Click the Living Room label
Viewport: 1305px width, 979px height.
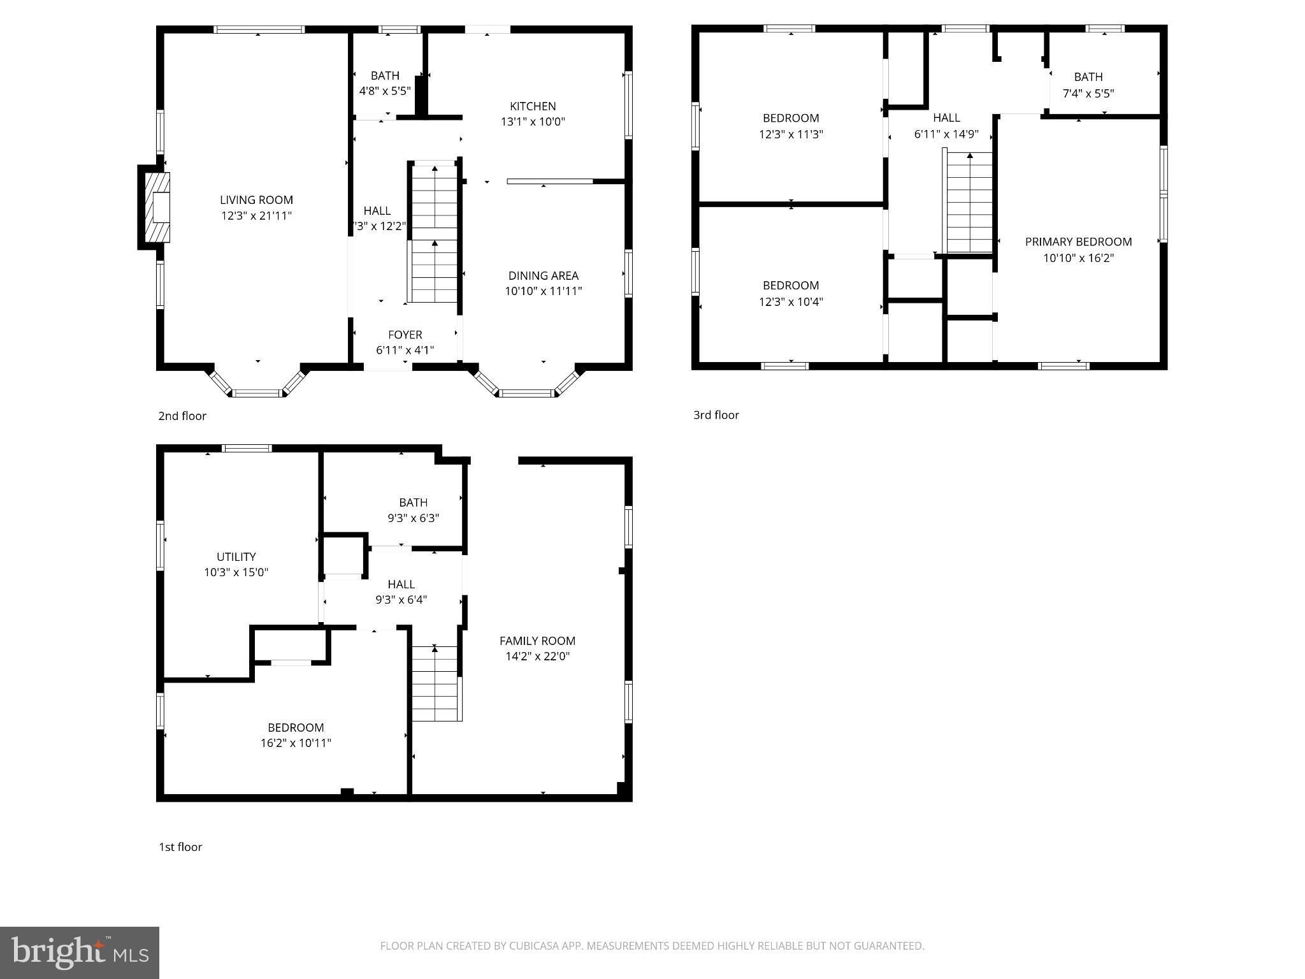[x=256, y=200]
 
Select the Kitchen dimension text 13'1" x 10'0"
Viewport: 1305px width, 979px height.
[x=533, y=122]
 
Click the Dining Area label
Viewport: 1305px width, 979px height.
[x=543, y=275]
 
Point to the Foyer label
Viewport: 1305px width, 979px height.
[x=405, y=335]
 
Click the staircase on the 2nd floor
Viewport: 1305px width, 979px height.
[x=434, y=233]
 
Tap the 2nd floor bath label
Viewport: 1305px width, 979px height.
[x=385, y=75]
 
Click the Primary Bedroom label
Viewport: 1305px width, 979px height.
[x=1078, y=242]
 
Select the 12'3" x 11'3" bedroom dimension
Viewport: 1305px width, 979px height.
[x=791, y=134]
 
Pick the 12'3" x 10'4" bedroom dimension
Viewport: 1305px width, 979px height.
[x=791, y=302]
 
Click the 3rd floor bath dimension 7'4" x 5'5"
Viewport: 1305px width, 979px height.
[x=1088, y=94]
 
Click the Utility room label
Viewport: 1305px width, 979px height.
[x=236, y=556]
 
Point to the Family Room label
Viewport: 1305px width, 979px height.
[x=537, y=641]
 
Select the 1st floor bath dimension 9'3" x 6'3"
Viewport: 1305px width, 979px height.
[x=413, y=518]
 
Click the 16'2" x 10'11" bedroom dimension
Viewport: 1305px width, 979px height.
[x=296, y=743]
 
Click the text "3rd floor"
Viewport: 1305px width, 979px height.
[x=716, y=415]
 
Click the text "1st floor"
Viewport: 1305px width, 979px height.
[x=180, y=847]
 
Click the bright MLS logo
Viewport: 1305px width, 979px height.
[x=79, y=952]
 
